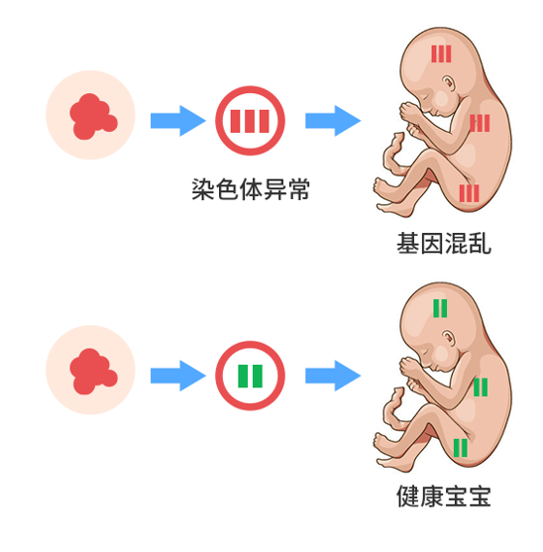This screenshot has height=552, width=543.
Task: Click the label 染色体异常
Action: (251, 189)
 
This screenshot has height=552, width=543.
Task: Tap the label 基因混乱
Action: (444, 243)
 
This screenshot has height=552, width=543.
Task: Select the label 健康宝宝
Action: (444, 497)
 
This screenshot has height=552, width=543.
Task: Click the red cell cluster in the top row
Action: (93, 116)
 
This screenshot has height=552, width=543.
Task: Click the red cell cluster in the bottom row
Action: (93, 372)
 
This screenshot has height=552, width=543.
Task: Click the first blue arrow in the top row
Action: (178, 120)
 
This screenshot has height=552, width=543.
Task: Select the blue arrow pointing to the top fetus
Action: (333, 120)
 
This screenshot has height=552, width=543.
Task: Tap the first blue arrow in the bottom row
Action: (178, 376)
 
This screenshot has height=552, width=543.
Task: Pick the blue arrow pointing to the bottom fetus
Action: (333, 376)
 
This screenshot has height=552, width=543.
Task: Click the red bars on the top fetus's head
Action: (441, 54)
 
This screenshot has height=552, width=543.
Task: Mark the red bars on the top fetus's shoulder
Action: (480, 123)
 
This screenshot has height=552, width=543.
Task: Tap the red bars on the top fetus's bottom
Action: (469, 193)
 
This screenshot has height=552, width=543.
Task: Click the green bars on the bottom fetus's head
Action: (440, 308)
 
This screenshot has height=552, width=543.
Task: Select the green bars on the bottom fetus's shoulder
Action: (481, 387)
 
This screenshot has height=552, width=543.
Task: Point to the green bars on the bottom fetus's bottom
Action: (461, 448)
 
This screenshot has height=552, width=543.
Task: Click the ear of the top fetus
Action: (448, 84)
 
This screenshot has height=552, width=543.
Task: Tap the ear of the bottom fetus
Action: (448, 338)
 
